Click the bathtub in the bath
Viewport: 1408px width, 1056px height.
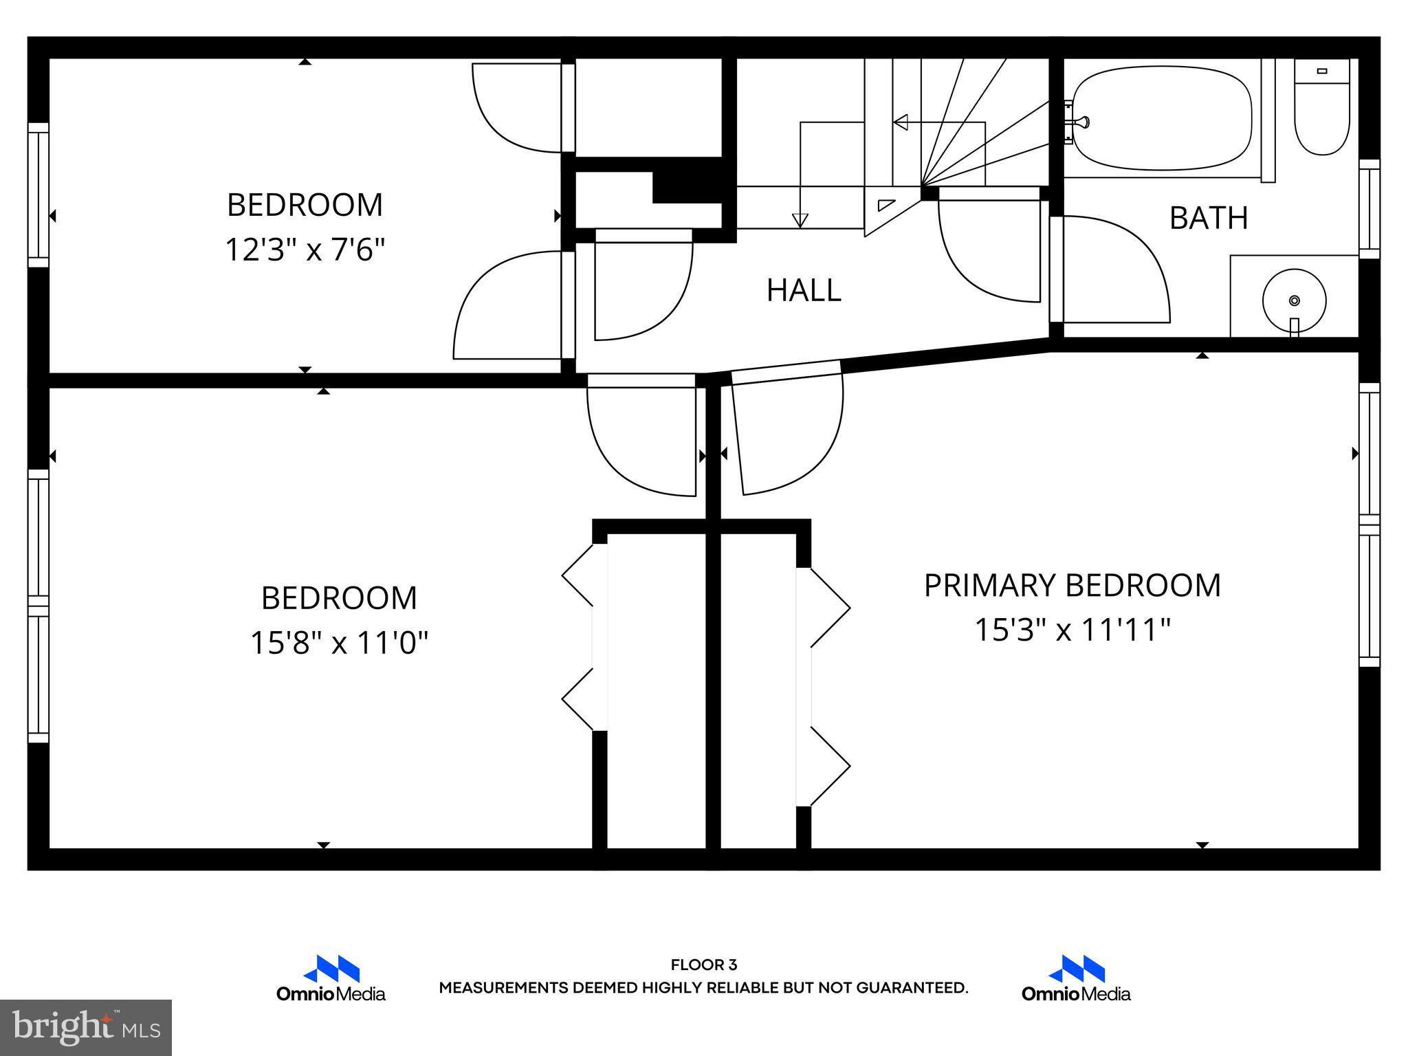point(1162,118)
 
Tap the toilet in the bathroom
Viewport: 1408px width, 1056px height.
point(1321,110)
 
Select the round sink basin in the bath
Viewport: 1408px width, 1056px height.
point(1294,300)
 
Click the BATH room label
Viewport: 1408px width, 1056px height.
point(1208,218)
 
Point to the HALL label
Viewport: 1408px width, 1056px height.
point(803,290)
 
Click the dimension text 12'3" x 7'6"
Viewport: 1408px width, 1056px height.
point(305,250)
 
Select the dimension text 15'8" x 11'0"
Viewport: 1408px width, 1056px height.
point(339,643)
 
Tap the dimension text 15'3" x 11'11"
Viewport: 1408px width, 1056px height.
point(1072,630)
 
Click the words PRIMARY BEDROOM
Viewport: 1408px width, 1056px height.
point(1072,586)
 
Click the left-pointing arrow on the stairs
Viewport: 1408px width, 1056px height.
point(901,122)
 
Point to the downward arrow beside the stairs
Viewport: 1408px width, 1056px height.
point(800,220)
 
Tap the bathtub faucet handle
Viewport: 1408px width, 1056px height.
point(1082,122)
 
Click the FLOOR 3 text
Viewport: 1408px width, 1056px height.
point(703,965)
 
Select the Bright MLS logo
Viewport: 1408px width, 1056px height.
point(86,1027)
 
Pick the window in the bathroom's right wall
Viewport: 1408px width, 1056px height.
point(1369,209)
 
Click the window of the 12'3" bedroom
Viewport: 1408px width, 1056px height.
point(38,195)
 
